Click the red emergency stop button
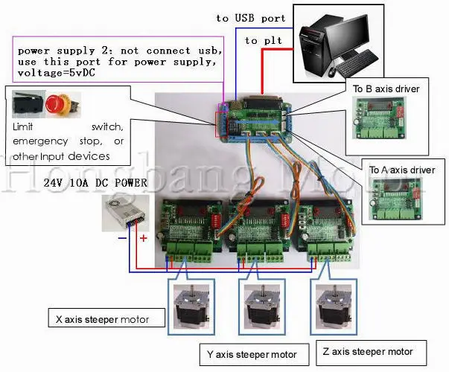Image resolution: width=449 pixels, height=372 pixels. pyautogui.click(x=56, y=103)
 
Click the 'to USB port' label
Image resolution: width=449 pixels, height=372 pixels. pyautogui.click(x=250, y=18)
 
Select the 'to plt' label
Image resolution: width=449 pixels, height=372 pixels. pyautogui.click(x=262, y=40)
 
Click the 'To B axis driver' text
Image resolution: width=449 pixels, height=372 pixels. pyautogui.click(x=386, y=89)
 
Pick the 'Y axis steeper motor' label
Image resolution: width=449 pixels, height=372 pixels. pyautogui.click(x=248, y=353)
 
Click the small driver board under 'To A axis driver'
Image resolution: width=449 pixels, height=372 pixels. pyautogui.click(x=403, y=202)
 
